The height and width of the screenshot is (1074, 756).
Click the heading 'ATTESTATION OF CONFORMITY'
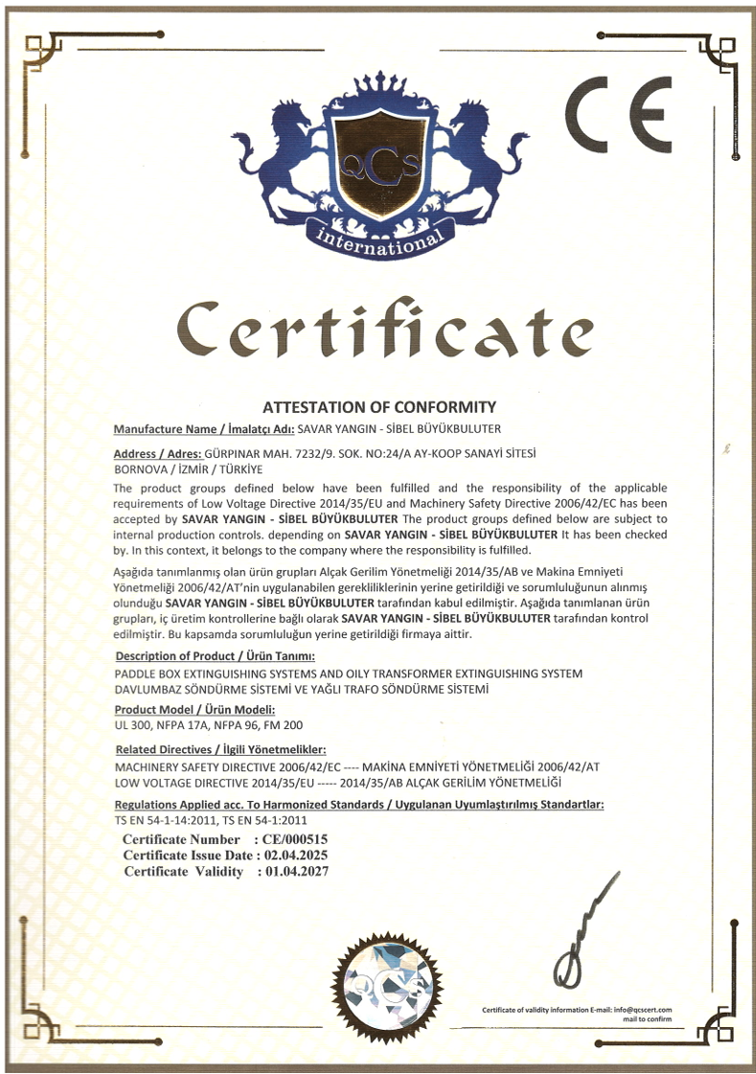tap(378, 406)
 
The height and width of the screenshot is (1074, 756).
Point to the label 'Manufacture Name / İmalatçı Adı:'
tap(204, 428)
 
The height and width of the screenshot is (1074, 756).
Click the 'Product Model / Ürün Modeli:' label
tap(195, 709)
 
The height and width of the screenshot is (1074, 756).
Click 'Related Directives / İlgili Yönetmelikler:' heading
tap(221, 748)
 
